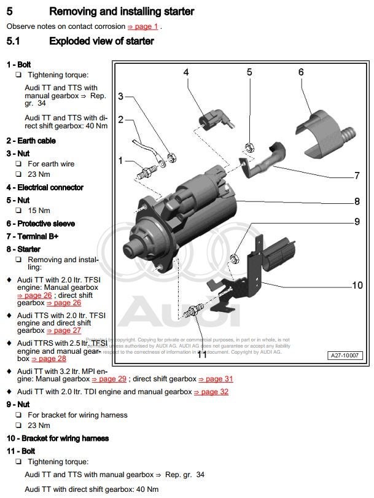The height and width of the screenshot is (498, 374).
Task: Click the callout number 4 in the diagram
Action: (185, 72)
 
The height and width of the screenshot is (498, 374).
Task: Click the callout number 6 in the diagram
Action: (301, 72)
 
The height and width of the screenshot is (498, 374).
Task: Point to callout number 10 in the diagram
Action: (357, 285)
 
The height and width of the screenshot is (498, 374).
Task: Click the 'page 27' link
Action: (63, 330)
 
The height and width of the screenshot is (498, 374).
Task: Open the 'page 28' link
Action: (48, 359)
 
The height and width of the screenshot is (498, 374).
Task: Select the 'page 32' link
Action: (211, 391)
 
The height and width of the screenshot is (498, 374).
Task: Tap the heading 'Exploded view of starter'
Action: (101, 42)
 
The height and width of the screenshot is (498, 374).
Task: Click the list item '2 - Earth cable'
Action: (31, 141)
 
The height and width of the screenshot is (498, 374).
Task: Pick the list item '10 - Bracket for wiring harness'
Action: (57, 438)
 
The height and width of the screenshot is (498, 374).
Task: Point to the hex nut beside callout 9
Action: (234, 256)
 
